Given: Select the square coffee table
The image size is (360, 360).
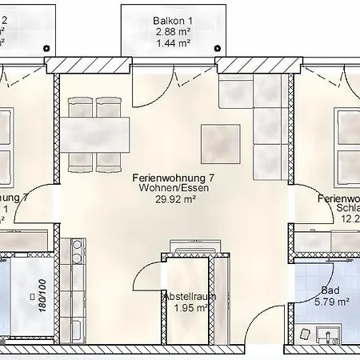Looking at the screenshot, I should click(x=222, y=143).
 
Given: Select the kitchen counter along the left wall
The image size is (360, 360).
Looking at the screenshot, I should click(x=78, y=288).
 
